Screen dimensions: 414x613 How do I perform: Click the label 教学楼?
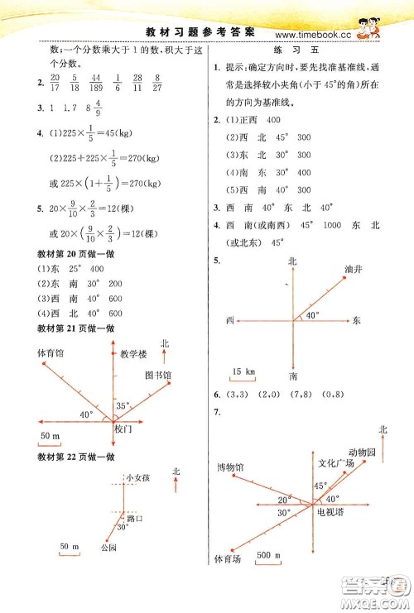coord(133,353)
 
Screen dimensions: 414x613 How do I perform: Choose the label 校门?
coord(124,429)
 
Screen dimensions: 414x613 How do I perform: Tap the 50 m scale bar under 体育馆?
coord(52,436)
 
